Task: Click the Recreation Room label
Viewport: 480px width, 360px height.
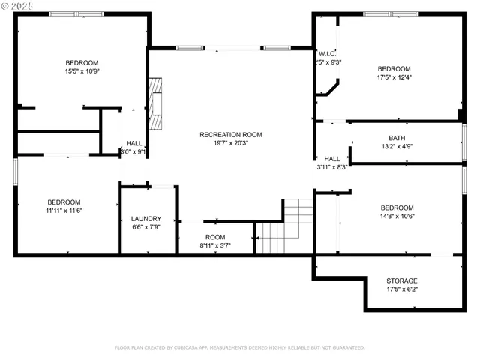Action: pyautogui.click(x=230, y=135)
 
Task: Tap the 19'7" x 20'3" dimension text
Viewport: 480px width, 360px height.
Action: pyautogui.click(x=230, y=144)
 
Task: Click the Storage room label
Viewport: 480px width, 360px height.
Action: pyautogui.click(x=401, y=280)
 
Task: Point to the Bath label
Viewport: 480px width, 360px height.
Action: pyautogui.click(x=397, y=138)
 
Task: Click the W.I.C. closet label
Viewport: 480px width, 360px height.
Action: pyautogui.click(x=327, y=53)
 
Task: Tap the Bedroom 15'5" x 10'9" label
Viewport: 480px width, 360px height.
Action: pyautogui.click(x=82, y=63)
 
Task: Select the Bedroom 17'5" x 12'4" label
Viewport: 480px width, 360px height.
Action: pyautogui.click(x=394, y=68)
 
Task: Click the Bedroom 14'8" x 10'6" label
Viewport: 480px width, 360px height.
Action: pyautogui.click(x=397, y=208)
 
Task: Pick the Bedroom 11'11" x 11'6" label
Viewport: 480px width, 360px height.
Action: pyautogui.click(x=64, y=202)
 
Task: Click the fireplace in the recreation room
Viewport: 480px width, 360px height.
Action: pyautogui.click(x=155, y=103)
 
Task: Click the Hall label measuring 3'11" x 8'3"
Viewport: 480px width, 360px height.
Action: pyautogui.click(x=331, y=159)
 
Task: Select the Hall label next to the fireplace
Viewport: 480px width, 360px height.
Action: pyautogui.click(x=133, y=143)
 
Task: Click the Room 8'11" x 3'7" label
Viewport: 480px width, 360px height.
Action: pyautogui.click(x=215, y=237)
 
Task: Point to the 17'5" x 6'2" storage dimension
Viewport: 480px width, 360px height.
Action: pyautogui.click(x=401, y=289)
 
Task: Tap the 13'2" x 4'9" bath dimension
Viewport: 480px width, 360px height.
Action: pyautogui.click(x=397, y=147)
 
